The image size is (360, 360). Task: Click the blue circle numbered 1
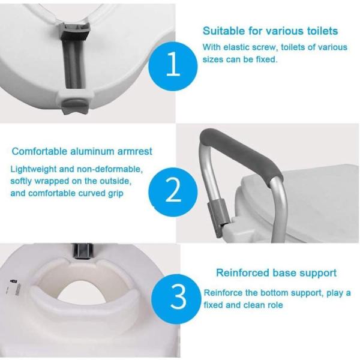[x=173, y=66]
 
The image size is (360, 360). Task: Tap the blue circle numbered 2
[x=173, y=192]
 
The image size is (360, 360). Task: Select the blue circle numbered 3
[x=176, y=298]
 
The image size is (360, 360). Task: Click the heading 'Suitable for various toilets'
[x=270, y=31]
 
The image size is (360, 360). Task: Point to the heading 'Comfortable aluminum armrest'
[x=82, y=151]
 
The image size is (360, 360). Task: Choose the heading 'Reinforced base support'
[x=277, y=273]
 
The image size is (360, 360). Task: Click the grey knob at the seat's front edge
[x=76, y=104]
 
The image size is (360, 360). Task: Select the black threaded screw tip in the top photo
[x=75, y=35]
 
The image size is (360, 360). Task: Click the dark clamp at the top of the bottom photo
[x=83, y=251]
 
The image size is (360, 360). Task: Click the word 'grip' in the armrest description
[x=115, y=194]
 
